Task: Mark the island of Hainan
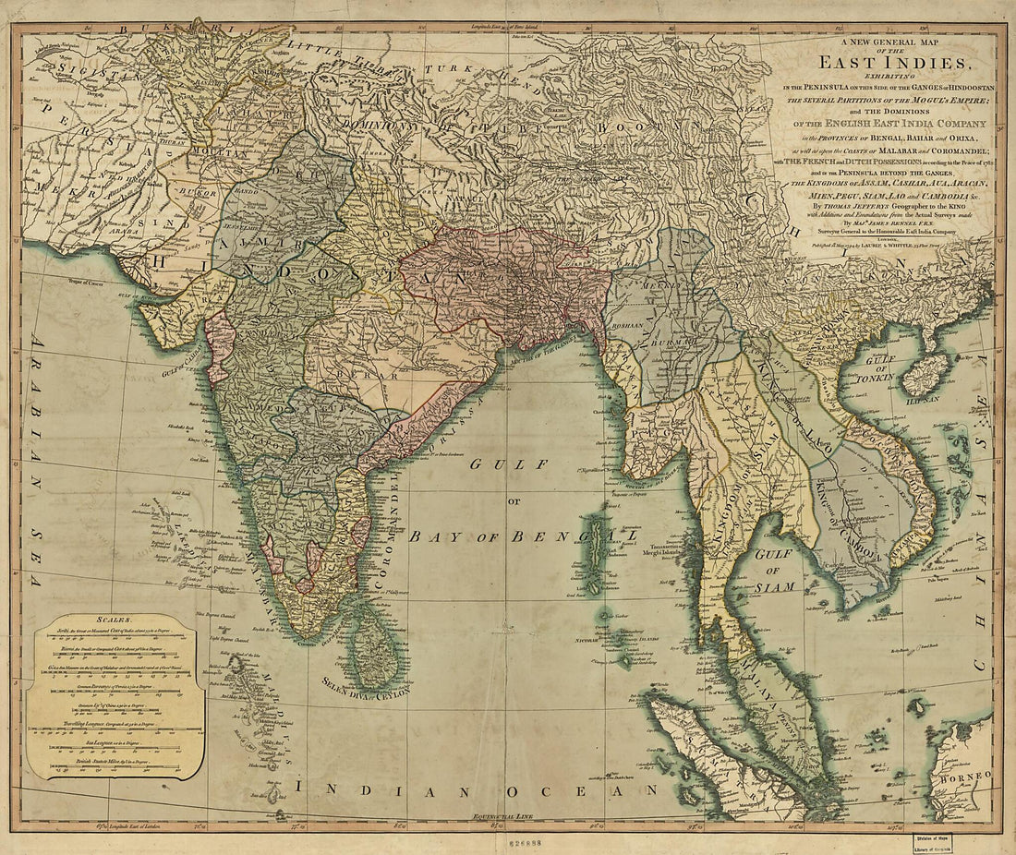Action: click(926, 374)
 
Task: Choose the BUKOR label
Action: click(199, 193)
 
